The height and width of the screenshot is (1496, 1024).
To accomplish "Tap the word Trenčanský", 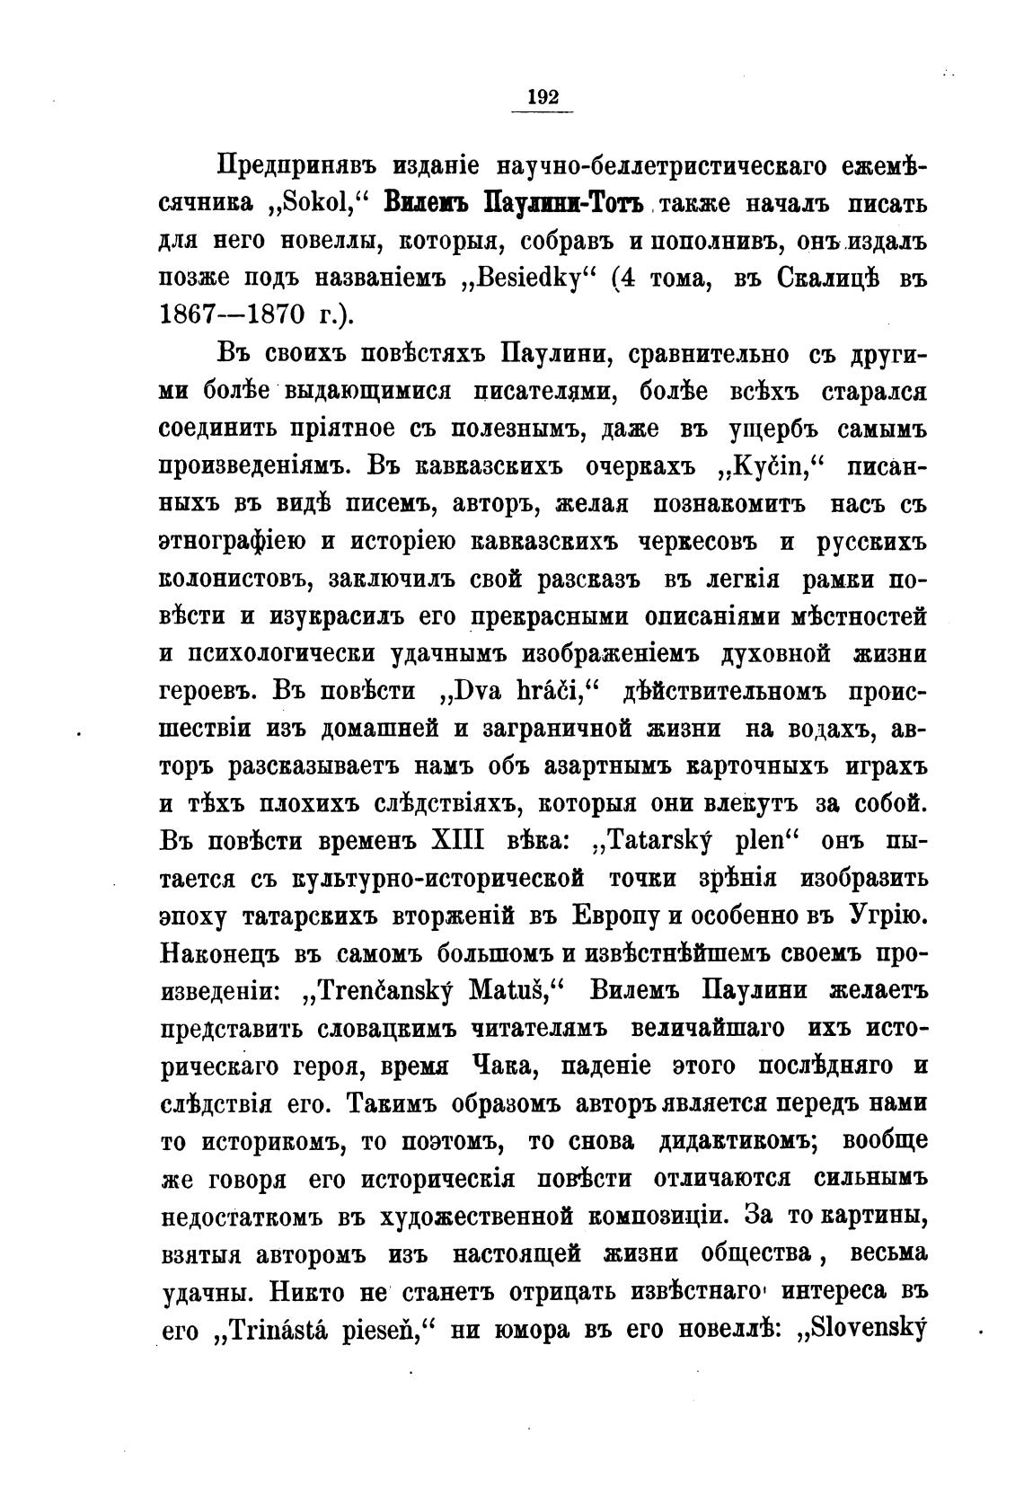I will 389,991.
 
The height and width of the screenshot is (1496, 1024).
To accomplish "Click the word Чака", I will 500,1067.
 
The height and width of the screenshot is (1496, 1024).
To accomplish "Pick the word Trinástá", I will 283,1331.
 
